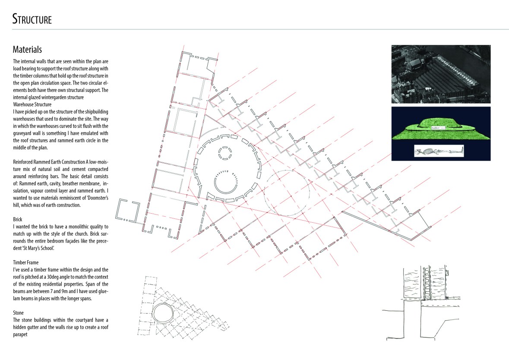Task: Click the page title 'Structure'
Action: [32, 19]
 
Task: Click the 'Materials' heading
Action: [27, 49]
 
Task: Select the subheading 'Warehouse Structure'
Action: [32, 104]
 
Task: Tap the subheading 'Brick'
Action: [18, 219]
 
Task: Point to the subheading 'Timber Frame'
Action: [25, 262]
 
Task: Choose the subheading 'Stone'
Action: [18, 313]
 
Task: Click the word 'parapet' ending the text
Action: [20, 335]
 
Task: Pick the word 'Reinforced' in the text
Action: [23, 162]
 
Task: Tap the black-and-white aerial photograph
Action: [441, 74]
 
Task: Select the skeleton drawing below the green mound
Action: [439, 151]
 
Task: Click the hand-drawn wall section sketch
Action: [420, 304]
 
